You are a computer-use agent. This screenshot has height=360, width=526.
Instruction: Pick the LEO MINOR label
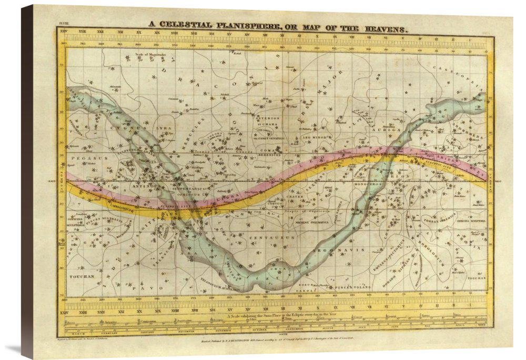313,137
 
